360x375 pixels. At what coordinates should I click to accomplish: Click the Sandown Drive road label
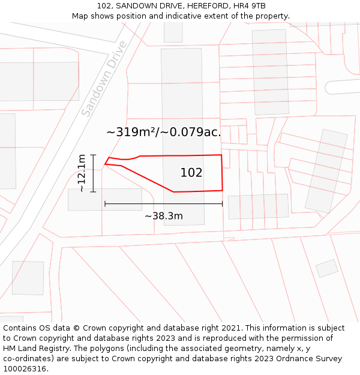(x=104, y=79)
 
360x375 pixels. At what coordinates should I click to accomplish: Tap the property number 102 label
(x=191, y=173)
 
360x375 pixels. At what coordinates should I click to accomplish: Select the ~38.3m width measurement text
(x=164, y=216)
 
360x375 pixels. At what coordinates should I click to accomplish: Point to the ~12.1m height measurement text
(x=82, y=173)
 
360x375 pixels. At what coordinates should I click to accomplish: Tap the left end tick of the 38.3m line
(x=105, y=204)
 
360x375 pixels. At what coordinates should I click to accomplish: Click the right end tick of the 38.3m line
(x=223, y=204)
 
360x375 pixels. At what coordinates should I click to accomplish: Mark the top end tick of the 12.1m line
(x=93, y=154)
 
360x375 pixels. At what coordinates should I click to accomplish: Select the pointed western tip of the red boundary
(x=106, y=163)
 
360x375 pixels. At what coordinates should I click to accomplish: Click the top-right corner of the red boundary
(x=221, y=155)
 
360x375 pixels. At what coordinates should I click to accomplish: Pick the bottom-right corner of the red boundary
(x=223, y=190)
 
